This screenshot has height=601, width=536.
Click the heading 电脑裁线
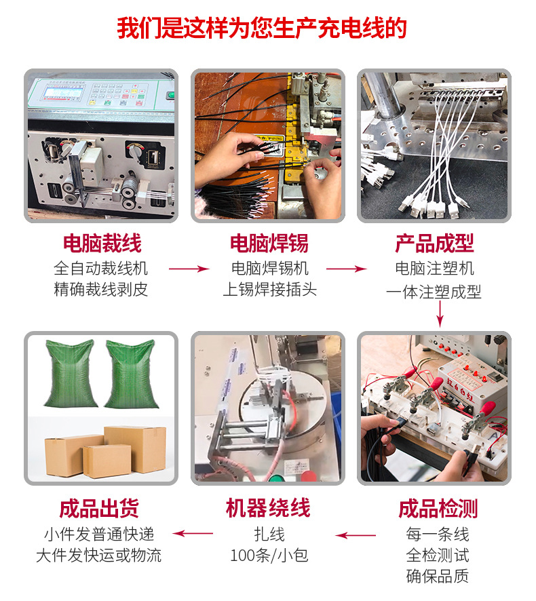[102, 243]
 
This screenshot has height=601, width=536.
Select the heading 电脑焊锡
[269, 243]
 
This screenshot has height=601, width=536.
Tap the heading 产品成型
[434, 243]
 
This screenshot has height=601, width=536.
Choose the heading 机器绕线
[269, 508]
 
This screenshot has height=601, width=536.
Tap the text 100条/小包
[269, 556]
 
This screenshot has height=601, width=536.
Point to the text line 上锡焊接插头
[269, 290]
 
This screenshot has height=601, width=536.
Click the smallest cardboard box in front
[107, 461]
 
